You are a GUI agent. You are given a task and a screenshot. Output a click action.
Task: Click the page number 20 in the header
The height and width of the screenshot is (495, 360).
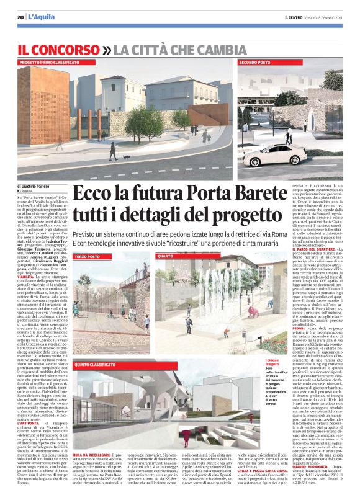[20, 17]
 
